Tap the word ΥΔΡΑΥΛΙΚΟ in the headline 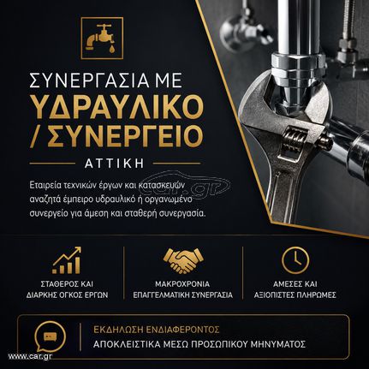point(118,106)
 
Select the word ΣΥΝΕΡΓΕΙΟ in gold point(125,135)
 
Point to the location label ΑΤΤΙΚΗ point(114,164)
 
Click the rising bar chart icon point(67,260)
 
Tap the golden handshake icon point(183,260)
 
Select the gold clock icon point(295,260)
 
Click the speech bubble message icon point(50,337)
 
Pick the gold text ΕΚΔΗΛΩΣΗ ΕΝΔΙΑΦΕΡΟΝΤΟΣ point(157,330)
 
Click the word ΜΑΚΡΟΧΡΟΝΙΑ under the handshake point(182,284)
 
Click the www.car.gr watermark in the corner point(30,356)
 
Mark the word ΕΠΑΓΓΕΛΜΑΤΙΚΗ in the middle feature point(160,295)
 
